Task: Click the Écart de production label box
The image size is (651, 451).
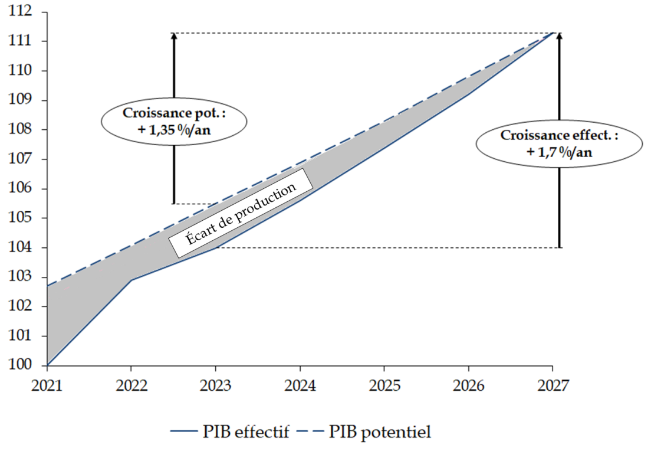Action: coord(241,213)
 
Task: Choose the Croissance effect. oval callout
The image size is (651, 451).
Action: coord(559,143)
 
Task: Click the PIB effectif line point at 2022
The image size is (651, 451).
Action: coord(131,280)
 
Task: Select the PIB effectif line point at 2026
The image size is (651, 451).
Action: coord(468,94)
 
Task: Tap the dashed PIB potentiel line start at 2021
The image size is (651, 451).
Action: coord(47,286)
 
